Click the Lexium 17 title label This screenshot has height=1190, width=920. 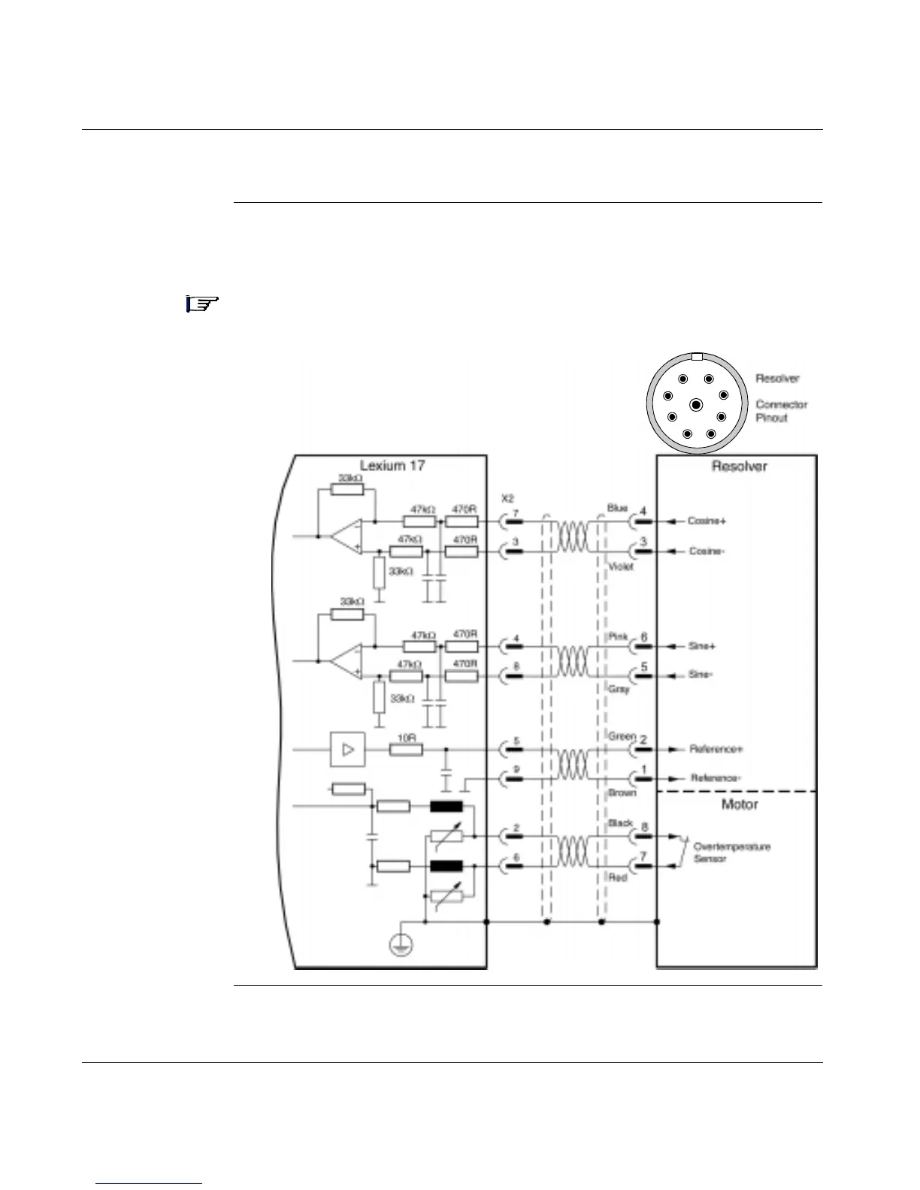(x=392, y=466)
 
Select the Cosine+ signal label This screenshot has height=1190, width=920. (x=707, y=521)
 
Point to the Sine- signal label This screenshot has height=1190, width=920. (x=701, y=675)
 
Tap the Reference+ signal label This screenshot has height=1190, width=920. (x=716, y=749)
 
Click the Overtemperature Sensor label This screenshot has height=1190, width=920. (x=731, y=853)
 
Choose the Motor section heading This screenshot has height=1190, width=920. (x=740, y=805)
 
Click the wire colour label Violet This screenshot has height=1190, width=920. (x=621, y=567)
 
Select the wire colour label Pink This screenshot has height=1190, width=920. (x=618, y=636)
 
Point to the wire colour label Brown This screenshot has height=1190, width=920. (x=622, y=793)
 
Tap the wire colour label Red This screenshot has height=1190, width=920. (x=618, y=877)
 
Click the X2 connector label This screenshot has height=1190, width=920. (x=507, y=498)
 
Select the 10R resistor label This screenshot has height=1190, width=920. (x=407, y=738)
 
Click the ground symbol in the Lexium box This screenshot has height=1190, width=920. (x=400, y=945)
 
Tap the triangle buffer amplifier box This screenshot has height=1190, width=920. (x=348, y=750)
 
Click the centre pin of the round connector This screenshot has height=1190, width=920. (x=696, y=406)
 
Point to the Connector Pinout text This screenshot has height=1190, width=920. (x=781, y=411)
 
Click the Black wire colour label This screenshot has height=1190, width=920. (x=620, y=823)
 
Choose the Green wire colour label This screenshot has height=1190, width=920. (x=622, y=737)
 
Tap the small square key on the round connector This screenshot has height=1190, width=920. (x=697, y=358)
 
